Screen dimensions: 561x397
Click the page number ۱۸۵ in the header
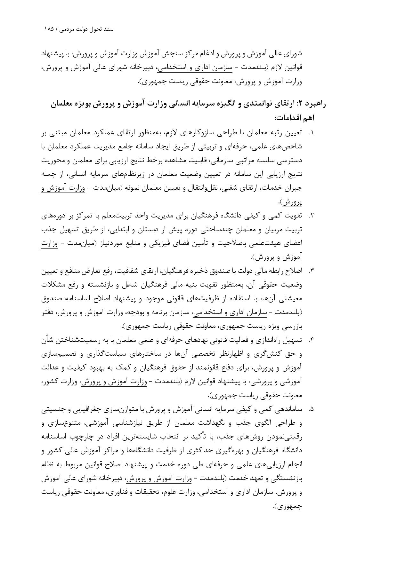coord(49,29)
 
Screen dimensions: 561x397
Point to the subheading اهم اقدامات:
coord(294,118)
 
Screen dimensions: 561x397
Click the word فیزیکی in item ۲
coord(160,243)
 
